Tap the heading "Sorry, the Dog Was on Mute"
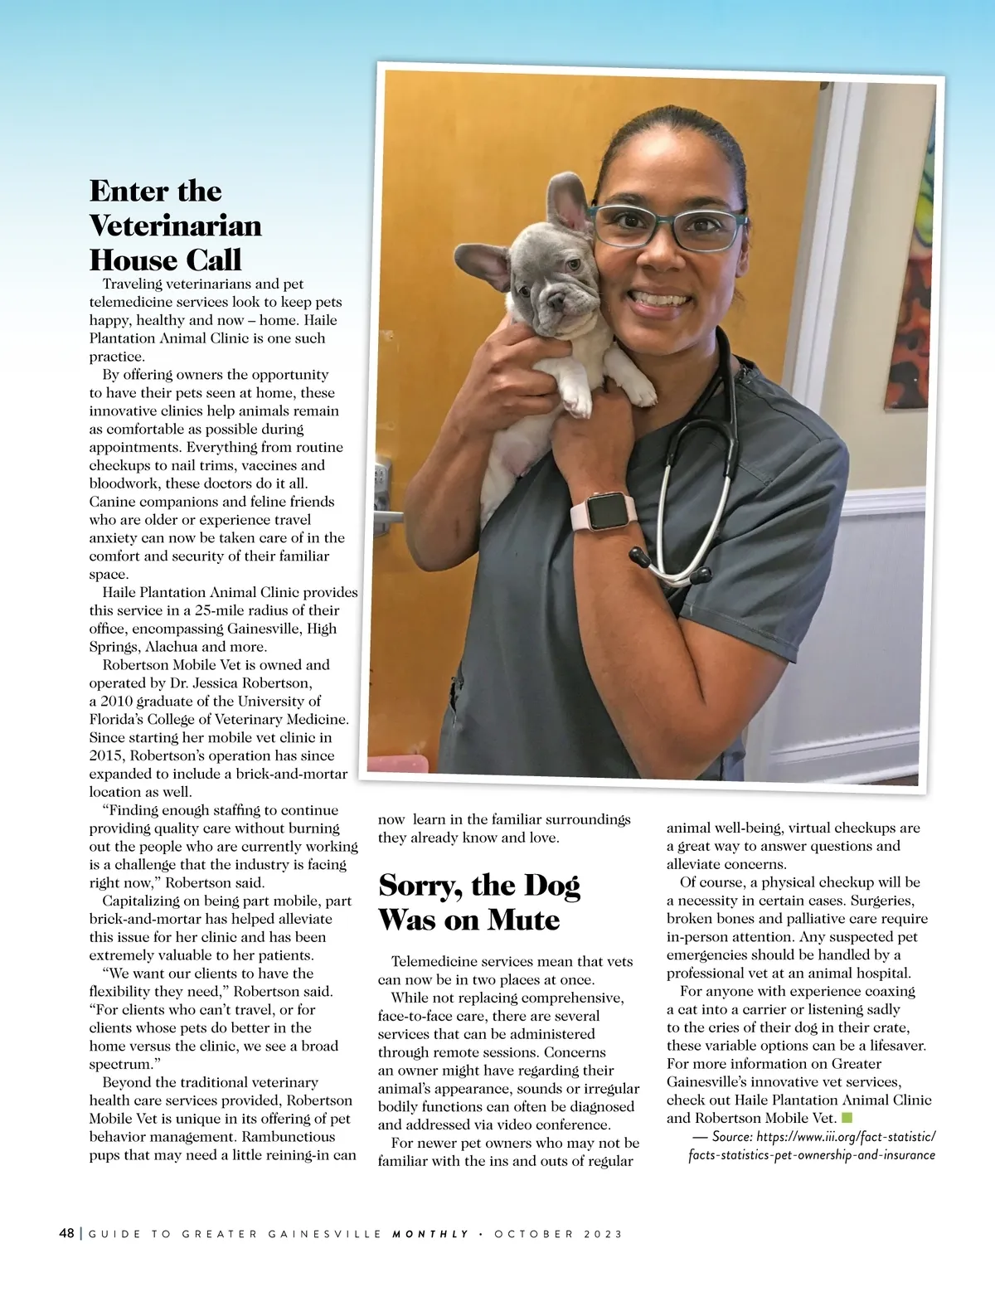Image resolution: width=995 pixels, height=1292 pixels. (479, 902)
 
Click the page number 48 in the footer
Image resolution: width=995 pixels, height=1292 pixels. (66, 1233)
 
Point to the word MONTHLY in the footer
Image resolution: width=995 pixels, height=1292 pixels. (430, 1234)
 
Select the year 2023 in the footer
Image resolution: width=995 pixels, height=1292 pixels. (603, 1234)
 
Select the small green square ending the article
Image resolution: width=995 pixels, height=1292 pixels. (847, 1118)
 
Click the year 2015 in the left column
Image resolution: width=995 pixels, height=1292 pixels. (106, 755)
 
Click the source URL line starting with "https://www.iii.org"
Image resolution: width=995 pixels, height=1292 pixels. (846, 1137)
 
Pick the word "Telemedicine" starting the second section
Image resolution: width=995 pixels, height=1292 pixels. (432, 962)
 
